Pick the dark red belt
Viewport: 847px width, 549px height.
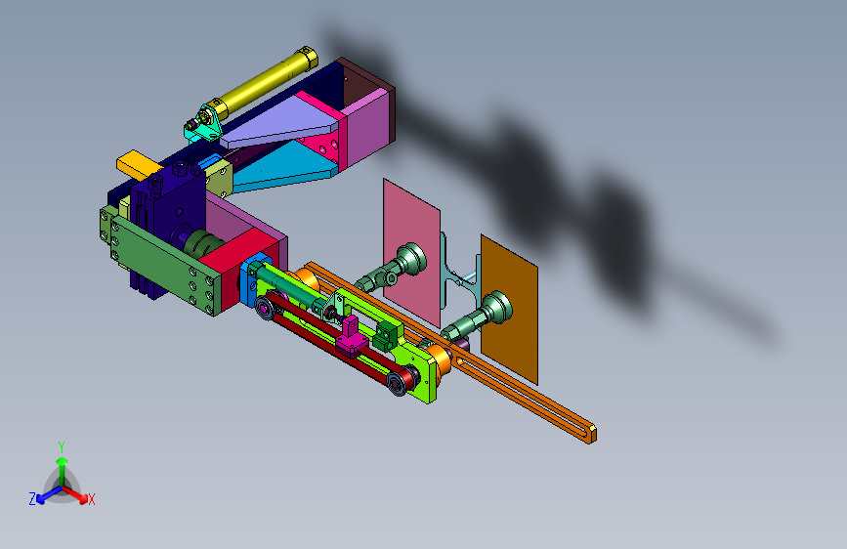[x=338, y=343]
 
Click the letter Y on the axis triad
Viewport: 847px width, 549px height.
[x=62, y=447]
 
